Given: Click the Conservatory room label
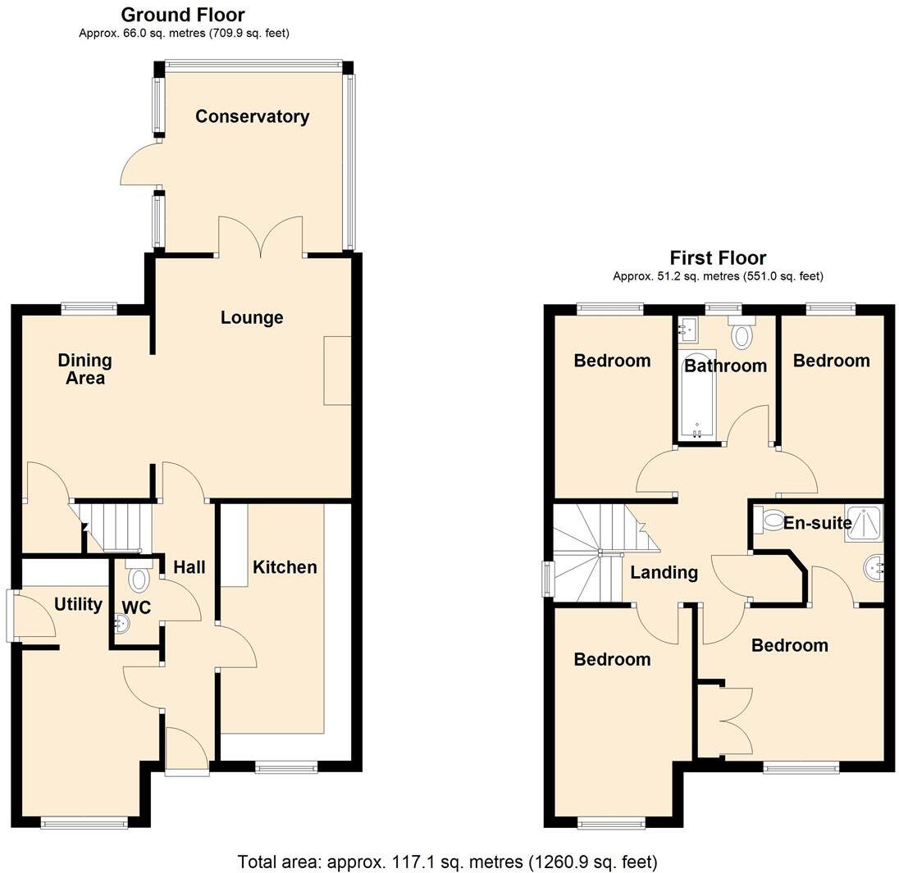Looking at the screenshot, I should pos(252,116).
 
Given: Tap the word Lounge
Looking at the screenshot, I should pos(252,317).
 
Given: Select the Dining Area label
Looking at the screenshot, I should pos(84,369).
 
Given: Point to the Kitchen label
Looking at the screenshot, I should pos(284,567).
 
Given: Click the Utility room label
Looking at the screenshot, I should pos(78,604).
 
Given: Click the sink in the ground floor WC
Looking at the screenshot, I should pos(121,625).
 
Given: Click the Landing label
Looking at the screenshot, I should pos(664,572).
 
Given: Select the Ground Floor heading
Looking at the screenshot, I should pos(183,14).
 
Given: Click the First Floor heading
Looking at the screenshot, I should pos(718,258).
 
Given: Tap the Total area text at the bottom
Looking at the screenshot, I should pos(447,862).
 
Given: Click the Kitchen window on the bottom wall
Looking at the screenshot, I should pos(285,767).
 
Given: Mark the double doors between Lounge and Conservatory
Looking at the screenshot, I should pos(261,238).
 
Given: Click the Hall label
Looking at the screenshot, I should pos(189,567).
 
